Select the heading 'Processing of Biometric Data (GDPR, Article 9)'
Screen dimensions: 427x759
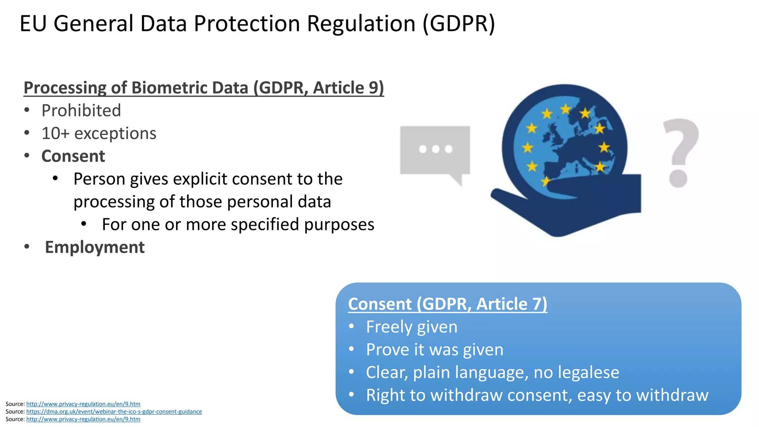coord(203,88)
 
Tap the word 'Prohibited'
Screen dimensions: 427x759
coord(81,110)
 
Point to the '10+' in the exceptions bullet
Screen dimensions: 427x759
coord(55,133)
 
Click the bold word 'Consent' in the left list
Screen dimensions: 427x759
coord(73,156)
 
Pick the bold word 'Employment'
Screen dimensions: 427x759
coord(95,247)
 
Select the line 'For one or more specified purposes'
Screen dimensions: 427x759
coord(238,225)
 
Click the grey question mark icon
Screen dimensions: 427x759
coord(680,152)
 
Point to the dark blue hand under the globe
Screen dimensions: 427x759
coord(578,208)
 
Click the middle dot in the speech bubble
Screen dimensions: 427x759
coord(435,149)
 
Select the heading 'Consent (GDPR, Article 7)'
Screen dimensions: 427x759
coord(447,304)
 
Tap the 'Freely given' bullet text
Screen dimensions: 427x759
coord(411,327)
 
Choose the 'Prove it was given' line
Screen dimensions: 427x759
coord(435,350)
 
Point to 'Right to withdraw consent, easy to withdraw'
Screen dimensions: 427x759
coord(537,395)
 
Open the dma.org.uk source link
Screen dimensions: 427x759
coord(114,411)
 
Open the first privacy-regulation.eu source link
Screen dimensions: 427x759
coord(83,404)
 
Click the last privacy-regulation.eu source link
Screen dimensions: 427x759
coord(83,419)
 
